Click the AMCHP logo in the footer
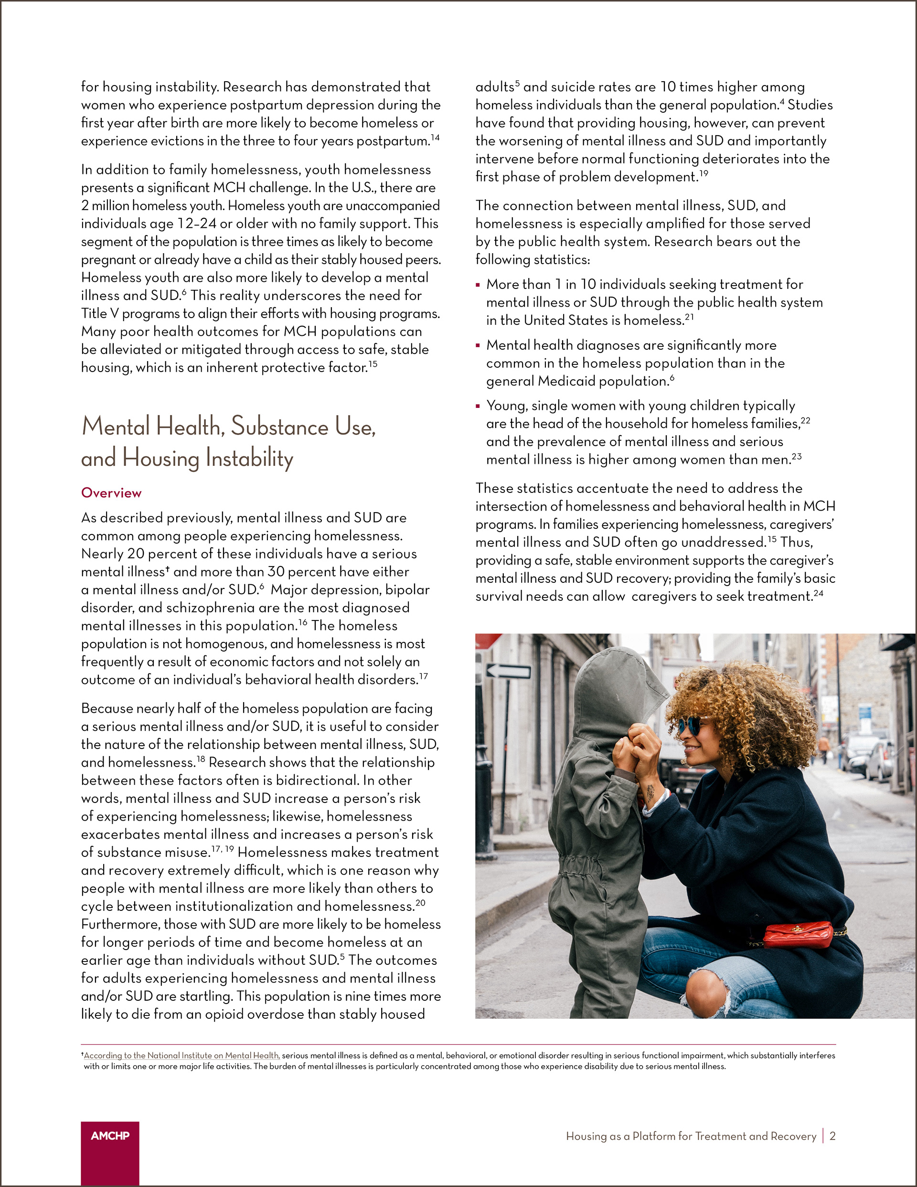pos(110,1135)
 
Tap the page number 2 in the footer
pos(832,1136)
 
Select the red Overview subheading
pos(111,492)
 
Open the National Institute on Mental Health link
pos(181,1056)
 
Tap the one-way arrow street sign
pos(508,671)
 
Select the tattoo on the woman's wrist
pos(650,792)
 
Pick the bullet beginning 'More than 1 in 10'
pos(644,284)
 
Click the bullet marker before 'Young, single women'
pos(478,406)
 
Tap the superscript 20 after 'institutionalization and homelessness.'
pos(420,903)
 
